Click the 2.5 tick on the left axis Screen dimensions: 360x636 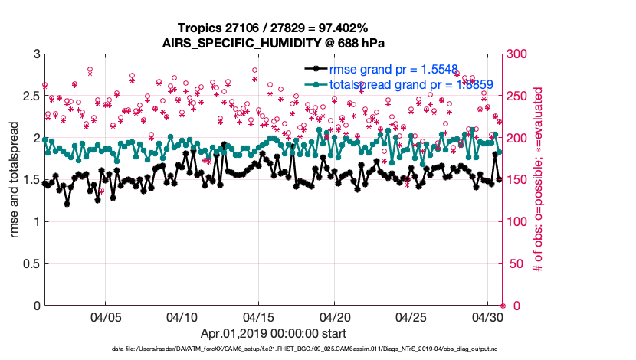pos(30,97)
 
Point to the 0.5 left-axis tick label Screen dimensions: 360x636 pos(30,264)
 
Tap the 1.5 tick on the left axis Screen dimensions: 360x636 pos(30,180)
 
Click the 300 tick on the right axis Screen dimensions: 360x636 pos(522,54)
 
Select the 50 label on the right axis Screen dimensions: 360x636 pos(519,264)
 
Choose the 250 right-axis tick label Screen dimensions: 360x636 pos(522,97)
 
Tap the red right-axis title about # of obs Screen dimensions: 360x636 pos(539,180)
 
